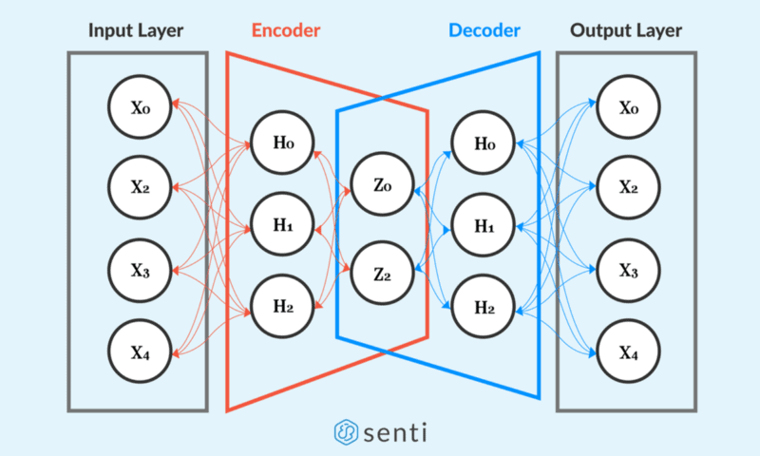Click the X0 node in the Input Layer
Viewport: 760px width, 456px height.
(x=140, y=107)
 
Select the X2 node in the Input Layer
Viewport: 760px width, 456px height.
(x=140, y=187)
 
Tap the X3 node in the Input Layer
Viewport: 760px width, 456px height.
(x=140, y=271)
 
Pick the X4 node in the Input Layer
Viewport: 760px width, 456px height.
(x=140, y=351)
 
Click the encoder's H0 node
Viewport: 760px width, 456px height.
(x=282, y=142)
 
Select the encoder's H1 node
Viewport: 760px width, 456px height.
(x=282, y=224)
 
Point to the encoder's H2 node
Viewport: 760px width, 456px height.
(x=282, y=306)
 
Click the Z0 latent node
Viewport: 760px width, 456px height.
(x=383, y=184)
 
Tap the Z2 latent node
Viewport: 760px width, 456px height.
(x=383, y=274)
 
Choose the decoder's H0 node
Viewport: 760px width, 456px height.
(x=484, y=142)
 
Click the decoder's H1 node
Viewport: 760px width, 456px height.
(x=484, y=225)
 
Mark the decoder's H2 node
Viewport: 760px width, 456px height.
(x=484, y=307)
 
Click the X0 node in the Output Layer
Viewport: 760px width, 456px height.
(x=628, y=107)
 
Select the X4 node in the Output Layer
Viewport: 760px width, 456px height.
(x=628, y=351)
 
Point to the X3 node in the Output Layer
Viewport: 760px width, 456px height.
(x=628, y=271)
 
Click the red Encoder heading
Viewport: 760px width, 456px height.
(x=286, y=30)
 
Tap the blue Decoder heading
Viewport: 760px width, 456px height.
(x=484, y=30)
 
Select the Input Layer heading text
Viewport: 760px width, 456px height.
(x=136, y=31)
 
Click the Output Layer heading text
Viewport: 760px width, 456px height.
(x=626, y=31)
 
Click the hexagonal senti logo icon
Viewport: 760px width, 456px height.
(x=346, y=432)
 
